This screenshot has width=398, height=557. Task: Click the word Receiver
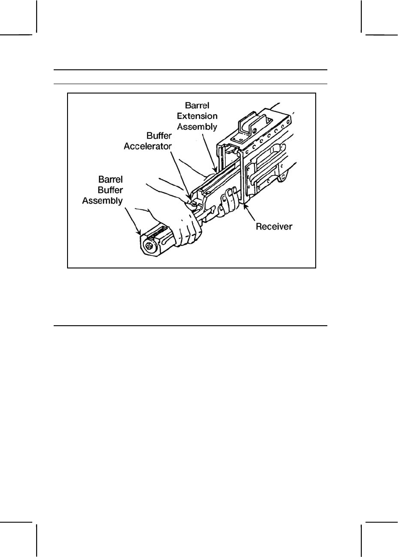(274, 226)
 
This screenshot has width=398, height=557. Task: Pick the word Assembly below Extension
(197, 127)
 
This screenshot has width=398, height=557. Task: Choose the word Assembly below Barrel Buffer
(102, 201)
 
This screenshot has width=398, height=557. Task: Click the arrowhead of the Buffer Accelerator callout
(191, 200)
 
